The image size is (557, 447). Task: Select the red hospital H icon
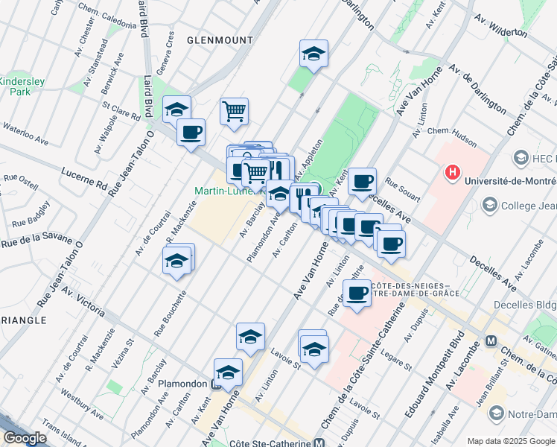coord(451,173)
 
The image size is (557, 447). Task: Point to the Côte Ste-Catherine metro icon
coord(318,442)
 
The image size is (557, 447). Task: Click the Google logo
coord(25,438)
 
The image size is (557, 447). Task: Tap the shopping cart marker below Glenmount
coord(234,112)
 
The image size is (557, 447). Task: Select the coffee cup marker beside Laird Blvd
coord(191,132)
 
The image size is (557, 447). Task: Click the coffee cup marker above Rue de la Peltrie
coord(357,293)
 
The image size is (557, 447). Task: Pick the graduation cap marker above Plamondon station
coord(228,372)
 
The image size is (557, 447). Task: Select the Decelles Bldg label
coord(524,305)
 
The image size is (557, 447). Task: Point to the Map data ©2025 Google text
coord(511,441)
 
